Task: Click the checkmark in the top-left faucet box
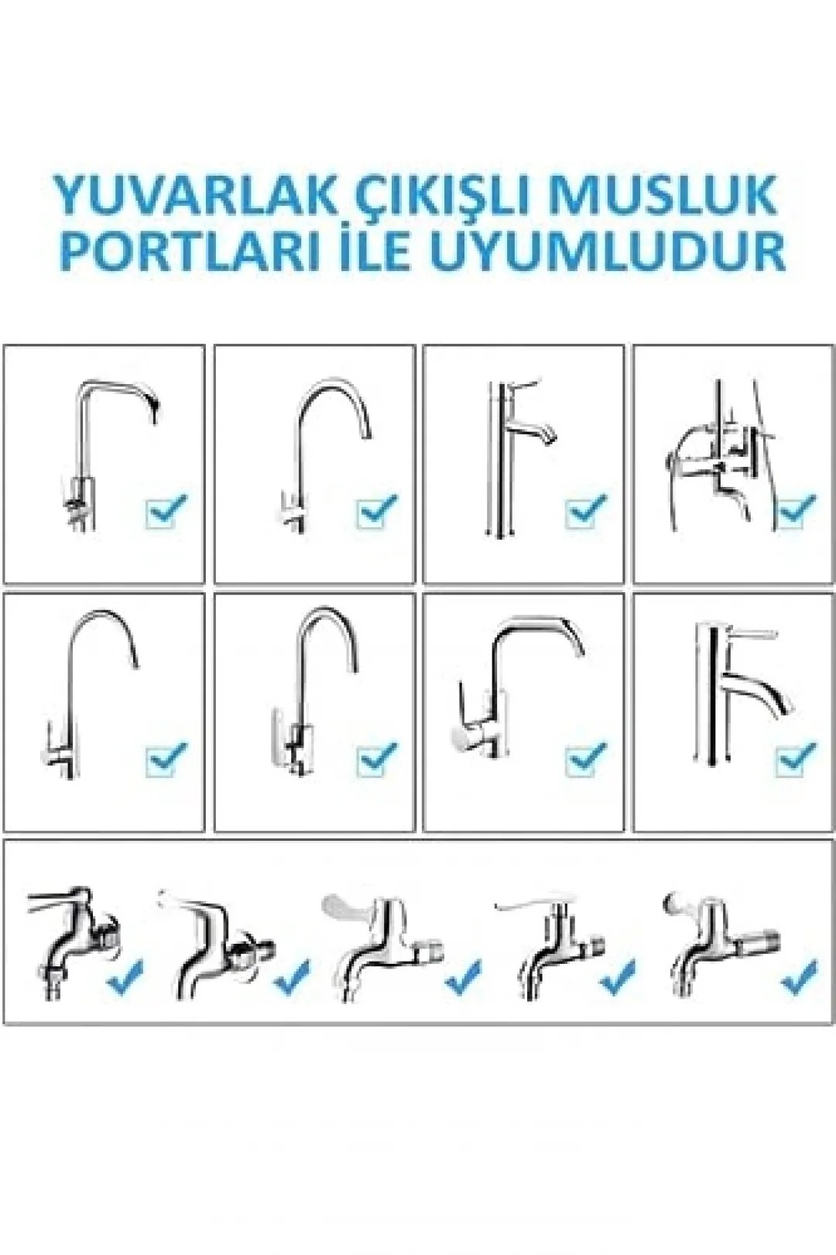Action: pyautogui.click(x=166, y=509)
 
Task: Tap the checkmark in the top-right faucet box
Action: pyautogui.click(x=797, y=509)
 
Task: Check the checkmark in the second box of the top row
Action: pyautogui.click(x=377, y=509)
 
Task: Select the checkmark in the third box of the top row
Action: pyautogui.click(x=586, y=509)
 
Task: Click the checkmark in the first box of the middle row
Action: pyautogui.click(x=166, y=760)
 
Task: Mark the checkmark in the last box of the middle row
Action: pyautogui.click(x=797, y=760)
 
